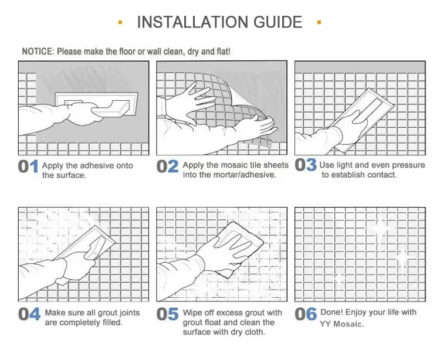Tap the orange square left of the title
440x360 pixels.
click(120, 23)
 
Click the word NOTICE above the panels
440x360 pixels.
click(37, 52)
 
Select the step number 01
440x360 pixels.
click(28, 167)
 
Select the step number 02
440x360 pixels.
click(167, 167)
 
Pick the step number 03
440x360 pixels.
click(306, 165)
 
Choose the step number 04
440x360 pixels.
click(29, 314)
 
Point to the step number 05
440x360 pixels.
click(167, 314)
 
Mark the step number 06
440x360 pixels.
click(306, 314)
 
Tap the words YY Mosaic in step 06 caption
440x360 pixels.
click(342, 324)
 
